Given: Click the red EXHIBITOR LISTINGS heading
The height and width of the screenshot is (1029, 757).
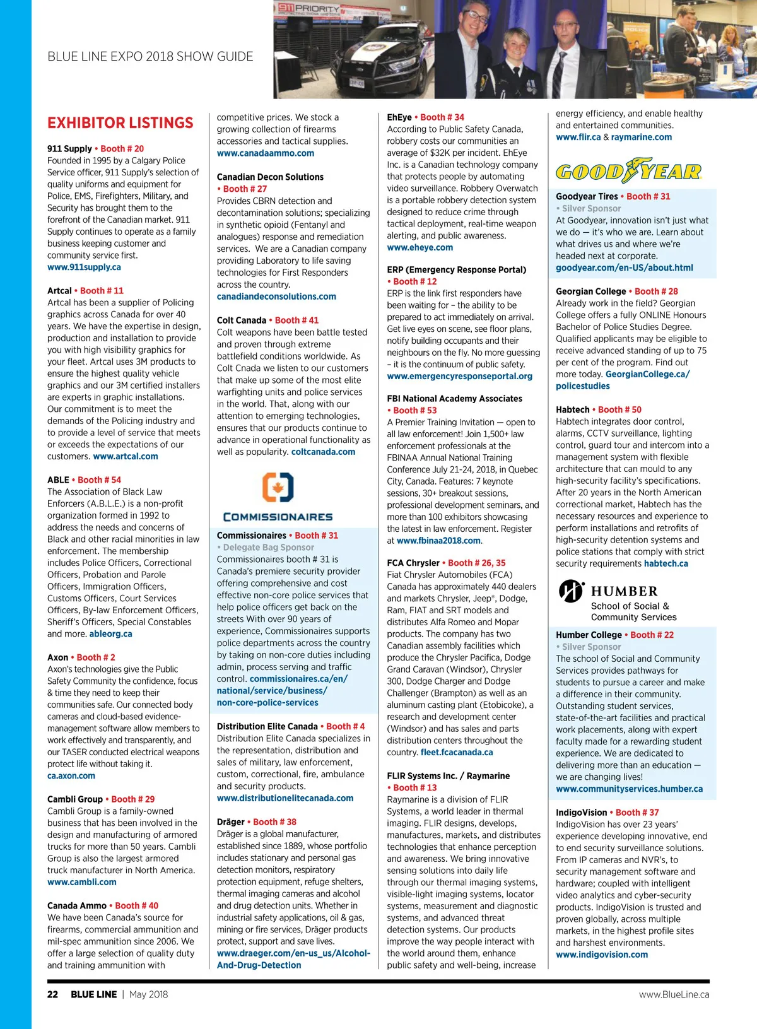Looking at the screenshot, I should click(120, 123).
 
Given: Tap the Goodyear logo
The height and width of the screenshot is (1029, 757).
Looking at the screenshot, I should click(628, 172).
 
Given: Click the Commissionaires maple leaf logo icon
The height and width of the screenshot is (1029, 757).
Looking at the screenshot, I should click(278, 488).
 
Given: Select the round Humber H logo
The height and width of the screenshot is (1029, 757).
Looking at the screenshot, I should click(571, 591).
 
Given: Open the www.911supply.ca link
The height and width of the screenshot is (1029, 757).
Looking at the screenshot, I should click(84, 267).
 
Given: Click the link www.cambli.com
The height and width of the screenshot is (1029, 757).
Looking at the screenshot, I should click(81, 882).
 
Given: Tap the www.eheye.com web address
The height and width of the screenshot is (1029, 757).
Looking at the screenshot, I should click(420, 247).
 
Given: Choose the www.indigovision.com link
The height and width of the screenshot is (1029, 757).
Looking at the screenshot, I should click(601, 955).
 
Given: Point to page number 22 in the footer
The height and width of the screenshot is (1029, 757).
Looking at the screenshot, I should click(53, 994).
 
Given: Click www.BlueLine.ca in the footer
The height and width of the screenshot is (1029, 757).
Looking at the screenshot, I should click(674, 994).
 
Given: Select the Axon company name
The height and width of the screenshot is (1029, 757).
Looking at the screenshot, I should click(57, 657).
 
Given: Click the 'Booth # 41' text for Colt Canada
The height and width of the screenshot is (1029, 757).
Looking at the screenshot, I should click(296, 320).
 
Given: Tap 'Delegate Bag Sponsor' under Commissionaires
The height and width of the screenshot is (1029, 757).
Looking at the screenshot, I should click(268, 548).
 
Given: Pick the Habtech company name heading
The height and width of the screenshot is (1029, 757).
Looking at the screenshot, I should click(572, 409).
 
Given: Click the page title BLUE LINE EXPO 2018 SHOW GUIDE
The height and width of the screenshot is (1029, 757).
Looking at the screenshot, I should click(150, 57).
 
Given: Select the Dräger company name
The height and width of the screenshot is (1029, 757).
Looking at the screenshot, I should click(230, 822).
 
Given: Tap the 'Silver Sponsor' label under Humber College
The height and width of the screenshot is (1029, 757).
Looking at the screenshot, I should click(591, 647).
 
